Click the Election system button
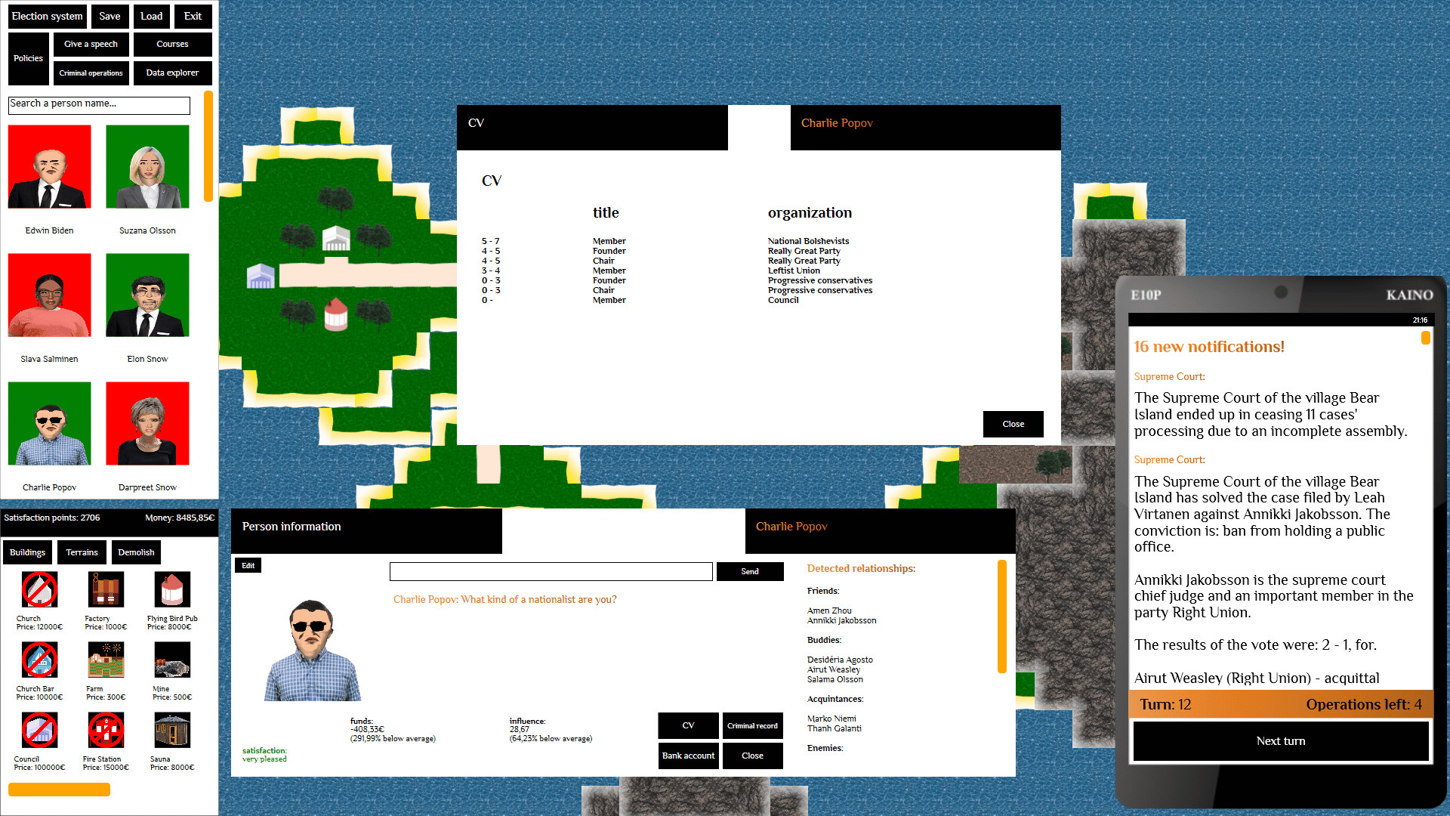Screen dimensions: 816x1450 [x=48, y=16]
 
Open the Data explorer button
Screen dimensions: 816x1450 [x=172, y=73]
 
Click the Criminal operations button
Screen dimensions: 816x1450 [x=91, y=73]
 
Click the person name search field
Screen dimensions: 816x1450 [x=99, y=104]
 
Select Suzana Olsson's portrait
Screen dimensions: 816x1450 [x=147, y=166]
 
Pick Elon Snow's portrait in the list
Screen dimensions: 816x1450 [x=147, y=295]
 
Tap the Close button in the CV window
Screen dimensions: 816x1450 [x=1013, y=424]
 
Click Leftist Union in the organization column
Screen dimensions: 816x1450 [x=794, y=270]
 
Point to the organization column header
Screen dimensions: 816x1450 [x=810, y=213]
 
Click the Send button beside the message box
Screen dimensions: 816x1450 [x=749, y=571]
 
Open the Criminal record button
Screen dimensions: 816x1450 [x=752, y=725]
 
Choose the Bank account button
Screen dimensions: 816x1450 [x=688, y=756]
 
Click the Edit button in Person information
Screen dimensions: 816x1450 [x=248, y=565]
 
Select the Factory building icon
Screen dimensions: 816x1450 [x=106, y=590]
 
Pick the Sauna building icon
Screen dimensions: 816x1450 [x=172, y=731]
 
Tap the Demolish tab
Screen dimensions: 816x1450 [x=136, y=552]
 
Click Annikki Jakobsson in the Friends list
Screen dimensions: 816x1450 [x=842, y=621]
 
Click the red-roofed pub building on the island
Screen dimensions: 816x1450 [x=336, y=314]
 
